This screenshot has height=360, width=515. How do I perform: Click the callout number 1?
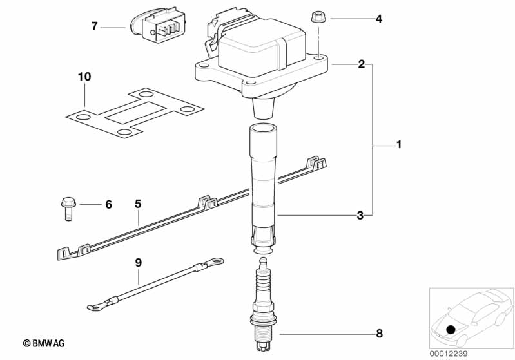pyautogui.click(x=399, y=144)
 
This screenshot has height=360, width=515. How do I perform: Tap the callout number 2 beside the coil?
pyautogui.click(x=362, y=64)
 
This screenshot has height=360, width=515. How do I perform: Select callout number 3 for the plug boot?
pyautogui.click(x=360, y=215)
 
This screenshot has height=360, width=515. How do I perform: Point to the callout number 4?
pyautogui.click(x=379, y=19)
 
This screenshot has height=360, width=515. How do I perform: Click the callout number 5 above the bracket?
pyautogui.click(x=138, y=204)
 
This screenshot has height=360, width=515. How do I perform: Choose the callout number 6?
pyautogui.click(x=108, y=204)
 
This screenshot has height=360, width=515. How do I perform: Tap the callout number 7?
pyautogui.click(x=95, y=26)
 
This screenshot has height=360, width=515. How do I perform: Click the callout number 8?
pyautogui.click(x=380, y=334)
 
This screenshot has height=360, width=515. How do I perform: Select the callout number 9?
pyautogui.click(x=139, y=263)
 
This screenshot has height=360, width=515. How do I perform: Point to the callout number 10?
pyautogui.click(x=84, y=77)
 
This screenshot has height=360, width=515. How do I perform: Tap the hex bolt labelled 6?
pyautogui.click(x=68, y=209)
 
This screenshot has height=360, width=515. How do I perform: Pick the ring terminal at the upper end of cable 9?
pyautogui.click(x=216, y=261)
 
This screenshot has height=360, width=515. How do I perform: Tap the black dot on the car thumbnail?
pyautogui.click(x=451, y=329)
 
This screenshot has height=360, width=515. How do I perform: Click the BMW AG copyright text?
pyautogui.click(x=44, y=343)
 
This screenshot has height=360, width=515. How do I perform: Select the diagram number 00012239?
pyautogui.click(x=449, y=354)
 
